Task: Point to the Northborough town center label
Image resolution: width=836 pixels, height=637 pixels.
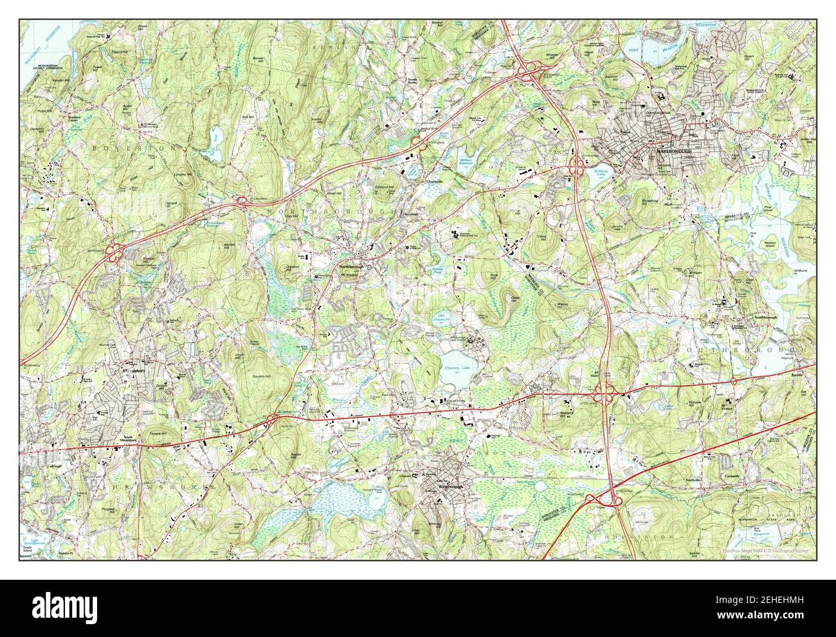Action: point(353,265)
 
